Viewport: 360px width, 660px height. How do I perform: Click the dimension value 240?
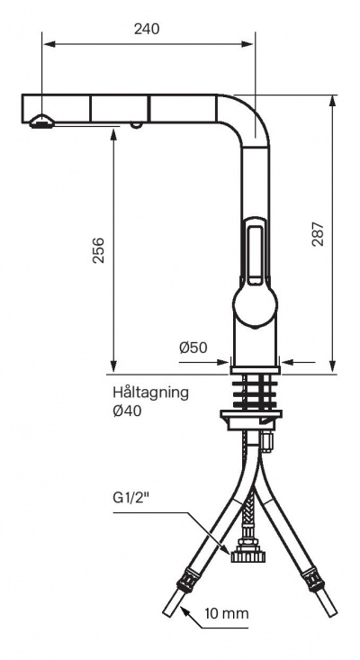pos(147,28)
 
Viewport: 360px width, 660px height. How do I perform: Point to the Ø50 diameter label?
pos(193,348)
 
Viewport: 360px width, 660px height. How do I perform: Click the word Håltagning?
pos(150,393)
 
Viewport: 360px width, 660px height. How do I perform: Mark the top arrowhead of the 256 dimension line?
pos(114,132)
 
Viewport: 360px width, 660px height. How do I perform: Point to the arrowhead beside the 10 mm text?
pos(185,612)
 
